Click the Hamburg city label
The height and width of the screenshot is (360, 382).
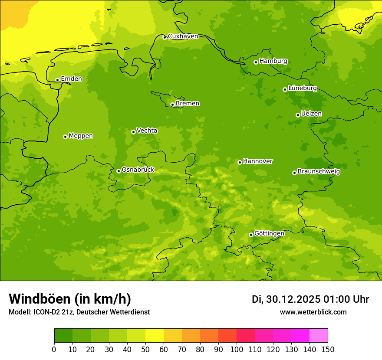pyautogui.click(x=273, y=61)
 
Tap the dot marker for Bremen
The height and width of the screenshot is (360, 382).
pyautogui.click(x=172, y=105)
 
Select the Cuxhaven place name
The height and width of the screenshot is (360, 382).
pyautogui.click(x=183, y=36)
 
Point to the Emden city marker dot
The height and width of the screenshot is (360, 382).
pyautogui.click(x=57, y=80)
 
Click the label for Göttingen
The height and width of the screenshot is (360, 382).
pyautogui.click(x=269, y=234)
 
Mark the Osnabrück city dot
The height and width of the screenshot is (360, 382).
pyautogui.click(x=119, y=171)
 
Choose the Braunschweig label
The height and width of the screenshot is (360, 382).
pyautogui.click(x=319, y=172)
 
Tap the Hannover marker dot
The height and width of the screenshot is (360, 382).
pyautogui.click(x=240, y=162)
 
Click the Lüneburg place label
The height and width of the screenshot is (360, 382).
pyautogui.click(x=303, y=88)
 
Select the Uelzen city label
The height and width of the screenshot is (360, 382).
pyautogui.click(x=311, y=114)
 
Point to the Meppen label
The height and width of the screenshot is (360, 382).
pyautogui.click(x=81, y=136)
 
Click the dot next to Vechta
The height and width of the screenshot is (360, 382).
pyautogui.click(x=133, y=132)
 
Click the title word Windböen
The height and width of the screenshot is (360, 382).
pyautogui.click(x=40, y=299)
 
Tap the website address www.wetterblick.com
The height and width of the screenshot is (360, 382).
pyautogui.click(x=313, y=312)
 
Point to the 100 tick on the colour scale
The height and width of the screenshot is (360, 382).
pyautogui.click(x=237, y=349)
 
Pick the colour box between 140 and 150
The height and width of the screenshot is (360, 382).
pyautogui.click(x=319, y=336)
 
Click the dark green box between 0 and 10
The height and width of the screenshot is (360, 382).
pyautogui.click(x=63, y=336)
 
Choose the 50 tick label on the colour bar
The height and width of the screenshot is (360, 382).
pyautogui.click(x=145, y=349)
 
